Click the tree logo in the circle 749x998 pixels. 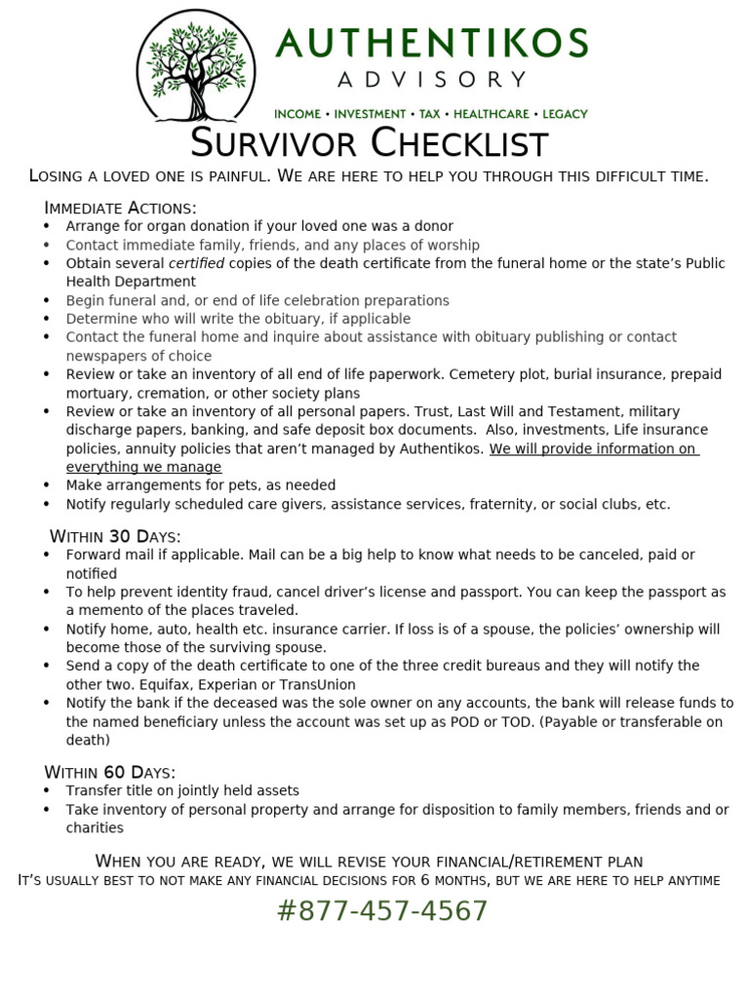(198, 65)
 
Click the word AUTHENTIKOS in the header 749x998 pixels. (432, 44)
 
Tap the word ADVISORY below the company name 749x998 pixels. (431, 80)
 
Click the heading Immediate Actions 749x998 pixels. (120, 208)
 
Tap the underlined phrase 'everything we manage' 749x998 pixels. (143, 467)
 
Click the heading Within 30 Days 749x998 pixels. (115, 537)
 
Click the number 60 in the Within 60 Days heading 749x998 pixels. (116, 773)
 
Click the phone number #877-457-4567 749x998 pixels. (382, 911)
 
